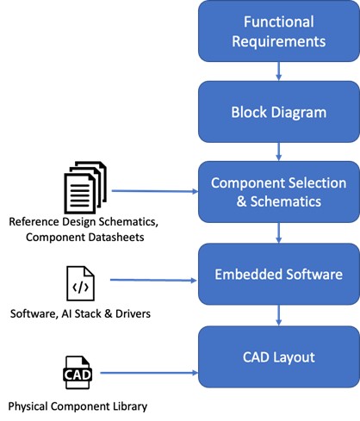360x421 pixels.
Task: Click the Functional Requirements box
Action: [279, 31]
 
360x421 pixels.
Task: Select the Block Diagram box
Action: [279, 112]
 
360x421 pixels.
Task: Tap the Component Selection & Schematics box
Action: [279, 192]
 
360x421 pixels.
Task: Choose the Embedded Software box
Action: [279, 274]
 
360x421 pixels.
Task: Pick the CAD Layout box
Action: [279, 356]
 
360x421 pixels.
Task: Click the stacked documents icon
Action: [85, 188]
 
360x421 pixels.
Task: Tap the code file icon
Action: [80, 283]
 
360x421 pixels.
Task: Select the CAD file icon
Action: [78, 373]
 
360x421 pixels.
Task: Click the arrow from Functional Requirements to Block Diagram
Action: [278, 71]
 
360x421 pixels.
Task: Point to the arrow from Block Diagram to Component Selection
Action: [278, 152]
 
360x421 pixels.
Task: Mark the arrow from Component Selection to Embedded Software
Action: [278, 232]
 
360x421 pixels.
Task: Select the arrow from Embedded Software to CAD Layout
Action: [278, 315]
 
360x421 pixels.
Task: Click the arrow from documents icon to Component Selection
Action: [155, 191]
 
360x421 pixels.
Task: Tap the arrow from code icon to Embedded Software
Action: [153, 280]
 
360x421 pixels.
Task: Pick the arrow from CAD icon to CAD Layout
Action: [149, 373]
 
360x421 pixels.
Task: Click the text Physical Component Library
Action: [78, 406]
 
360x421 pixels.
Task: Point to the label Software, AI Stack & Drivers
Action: [80, 313]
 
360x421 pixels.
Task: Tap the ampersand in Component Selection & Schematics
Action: [241, 201]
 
